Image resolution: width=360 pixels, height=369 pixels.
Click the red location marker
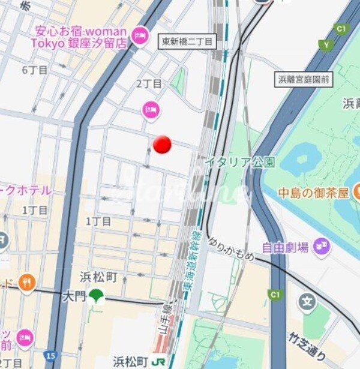(x=162, y=144)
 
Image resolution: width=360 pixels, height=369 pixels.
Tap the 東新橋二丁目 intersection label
(x=188, y=41)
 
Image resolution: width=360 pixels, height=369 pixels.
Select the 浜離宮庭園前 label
(x=305, y=79)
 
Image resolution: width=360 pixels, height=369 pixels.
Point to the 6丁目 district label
(x=35, y=70)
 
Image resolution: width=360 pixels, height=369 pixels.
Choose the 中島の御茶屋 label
(x=313, y=193)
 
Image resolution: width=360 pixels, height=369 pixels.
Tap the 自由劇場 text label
(x=285, y=247)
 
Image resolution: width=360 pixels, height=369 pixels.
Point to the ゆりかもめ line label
(x=232, y=249)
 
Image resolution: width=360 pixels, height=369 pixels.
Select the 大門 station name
(x=75, y=296)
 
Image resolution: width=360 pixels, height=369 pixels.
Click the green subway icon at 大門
(x=95, y=296)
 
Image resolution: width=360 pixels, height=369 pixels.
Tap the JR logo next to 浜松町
(x=159, y=362)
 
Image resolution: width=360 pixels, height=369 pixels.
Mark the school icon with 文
(x=307, y=301)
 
